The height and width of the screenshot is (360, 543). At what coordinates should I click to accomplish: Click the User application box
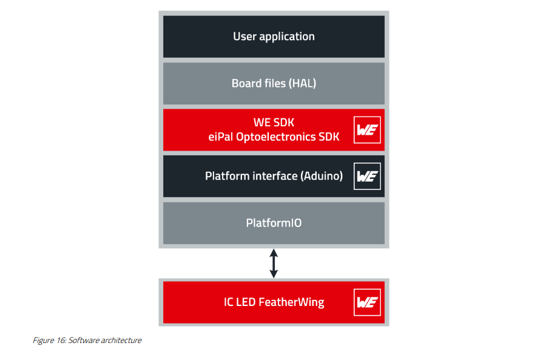pyautogui.click(x=274, y=36)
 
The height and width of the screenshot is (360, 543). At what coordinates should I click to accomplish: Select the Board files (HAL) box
pyautogui.click(x=274, y=84)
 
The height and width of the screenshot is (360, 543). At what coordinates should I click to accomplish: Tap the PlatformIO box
pyautogui.click(x=274, y=223)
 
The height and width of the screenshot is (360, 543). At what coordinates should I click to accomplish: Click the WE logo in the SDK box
pyautogui.click(x=367, y=130)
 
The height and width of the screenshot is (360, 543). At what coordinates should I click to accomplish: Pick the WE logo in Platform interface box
pyautogui.click(x=367, y=177)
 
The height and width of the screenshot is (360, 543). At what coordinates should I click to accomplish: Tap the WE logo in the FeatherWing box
pyautogui.click(x=367, y=302)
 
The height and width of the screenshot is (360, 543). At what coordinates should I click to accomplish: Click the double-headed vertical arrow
pyautogui.click(x=274, y=263)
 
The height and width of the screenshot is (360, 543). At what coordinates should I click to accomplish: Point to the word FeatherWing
pyautogui.click(x=291, y=302)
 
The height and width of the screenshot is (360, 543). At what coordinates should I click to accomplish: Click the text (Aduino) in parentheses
pyautogui.click(x=322, y=176)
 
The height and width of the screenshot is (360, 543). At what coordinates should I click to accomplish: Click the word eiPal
pyautogui.click(x=221, y=137)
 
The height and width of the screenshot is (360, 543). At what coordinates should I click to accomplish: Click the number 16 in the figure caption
pyautogui.click(x=61, y=340)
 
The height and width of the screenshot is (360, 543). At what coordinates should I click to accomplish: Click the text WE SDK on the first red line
pyautogui.click(x=274, y=122)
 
